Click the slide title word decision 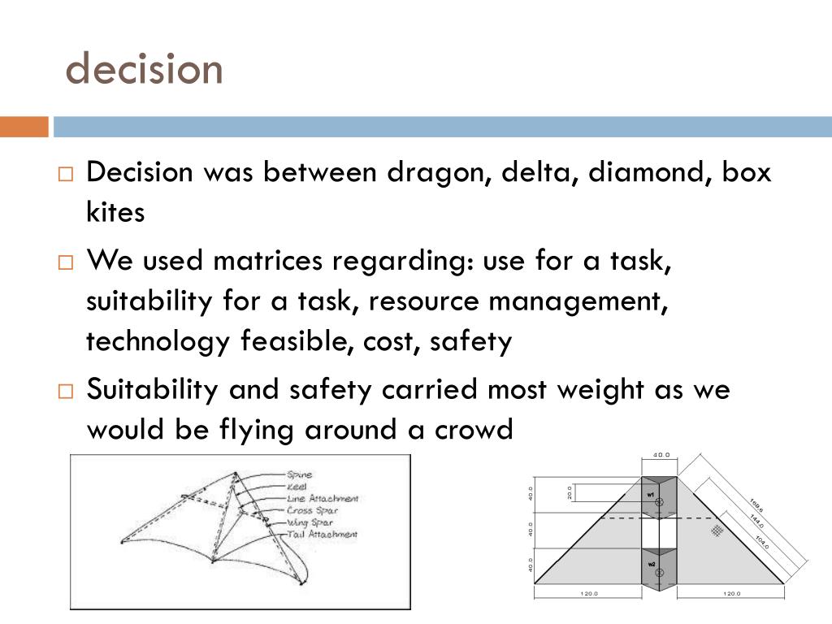(x=144, y=69)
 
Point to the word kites (x=115, y=212)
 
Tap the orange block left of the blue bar (x=24, y=127)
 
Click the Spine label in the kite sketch (x=299, y=474)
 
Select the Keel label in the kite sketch (x=297, y=486)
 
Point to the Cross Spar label (x=311, y=510)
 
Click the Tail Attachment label (x=322, y=534)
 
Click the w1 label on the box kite (x=651, y=494)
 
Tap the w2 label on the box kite (x=651, y=563)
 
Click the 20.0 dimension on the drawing (x=570, y=493)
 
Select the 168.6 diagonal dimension (x=756, y=505)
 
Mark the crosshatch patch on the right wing (x=716, y=531)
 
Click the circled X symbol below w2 (x=659, y=573)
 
